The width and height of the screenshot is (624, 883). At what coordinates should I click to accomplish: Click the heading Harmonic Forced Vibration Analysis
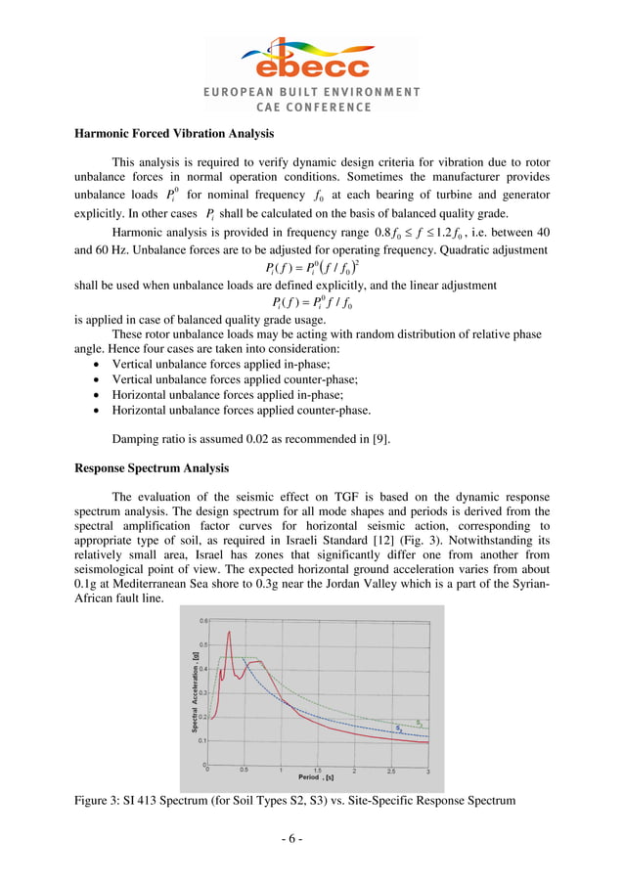tap(174, 133)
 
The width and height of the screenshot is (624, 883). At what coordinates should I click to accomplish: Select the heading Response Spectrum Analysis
tap(152, 467)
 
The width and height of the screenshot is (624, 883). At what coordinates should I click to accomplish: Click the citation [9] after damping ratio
tap(379, 439)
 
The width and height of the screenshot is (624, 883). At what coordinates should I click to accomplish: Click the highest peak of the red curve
tap(229, 633)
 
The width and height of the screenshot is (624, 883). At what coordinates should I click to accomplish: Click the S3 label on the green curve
tap(421, 723)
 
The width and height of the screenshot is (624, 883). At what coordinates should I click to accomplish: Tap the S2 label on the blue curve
tap(399, 728)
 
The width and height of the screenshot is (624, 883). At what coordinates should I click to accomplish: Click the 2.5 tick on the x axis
tap(391, 771)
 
